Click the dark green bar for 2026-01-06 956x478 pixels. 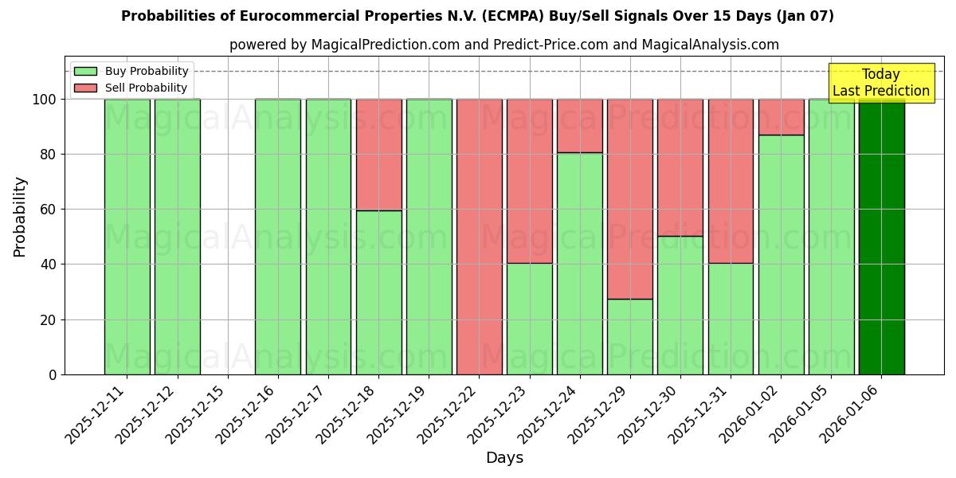[881, 237]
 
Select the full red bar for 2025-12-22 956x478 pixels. [479, 237]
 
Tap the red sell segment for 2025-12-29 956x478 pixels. [629, 199]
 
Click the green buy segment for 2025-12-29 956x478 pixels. [629, 337]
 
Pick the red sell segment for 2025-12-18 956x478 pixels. [378, 155]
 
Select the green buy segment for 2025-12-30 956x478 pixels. [680, 305]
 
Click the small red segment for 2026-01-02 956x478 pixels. [781, 117]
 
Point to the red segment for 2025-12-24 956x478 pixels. [579, 126]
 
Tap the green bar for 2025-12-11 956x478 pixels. [127, 237]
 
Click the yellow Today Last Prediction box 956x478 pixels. [880, 83]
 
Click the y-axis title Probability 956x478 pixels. [20, 216]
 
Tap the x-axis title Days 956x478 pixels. [504, 458]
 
